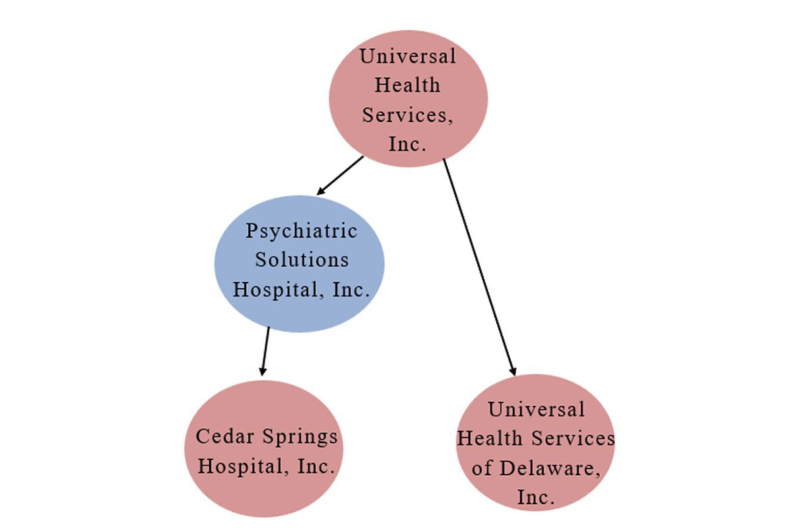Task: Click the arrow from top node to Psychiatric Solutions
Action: [x=340, y=176]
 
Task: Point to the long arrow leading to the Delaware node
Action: [x=478, y=264]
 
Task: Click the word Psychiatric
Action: [x=301, y=231]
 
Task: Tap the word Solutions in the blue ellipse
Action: [x=302, y=259]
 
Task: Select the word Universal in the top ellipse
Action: [x=407, y=56]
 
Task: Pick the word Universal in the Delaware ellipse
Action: [x=536, y=409]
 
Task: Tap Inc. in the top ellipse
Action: [x=407, y=144]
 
